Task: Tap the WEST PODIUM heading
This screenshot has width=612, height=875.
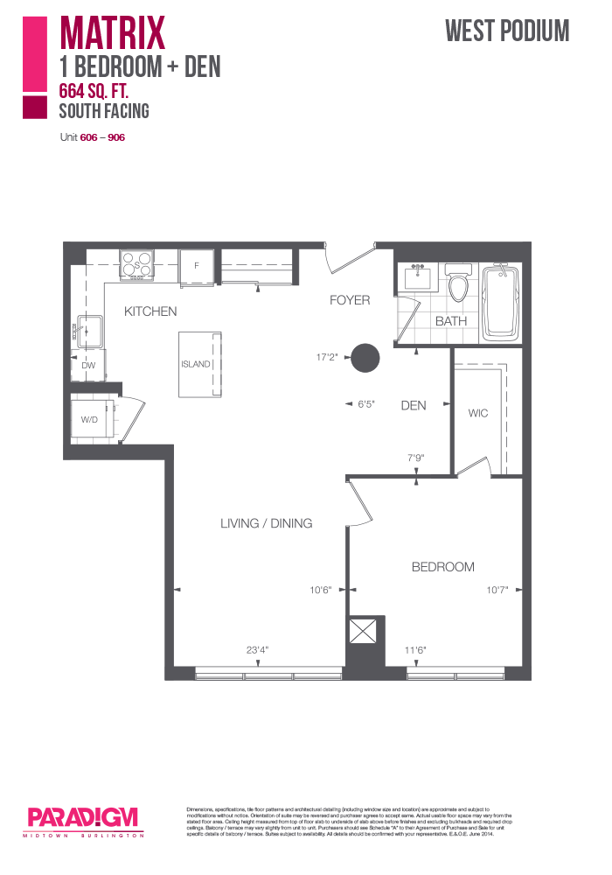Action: click(507, 31)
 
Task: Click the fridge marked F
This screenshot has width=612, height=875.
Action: click(197, 264)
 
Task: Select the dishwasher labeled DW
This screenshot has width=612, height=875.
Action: click(88, 366)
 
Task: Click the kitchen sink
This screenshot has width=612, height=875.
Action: click(90, 331)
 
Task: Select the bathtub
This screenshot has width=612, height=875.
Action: click(502, 301)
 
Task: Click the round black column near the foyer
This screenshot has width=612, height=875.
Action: click(365, 357)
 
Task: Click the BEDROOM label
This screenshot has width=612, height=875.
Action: click(443, 567)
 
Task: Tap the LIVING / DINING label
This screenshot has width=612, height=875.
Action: click(266, 523)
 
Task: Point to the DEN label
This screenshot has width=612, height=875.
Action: click(413, 405)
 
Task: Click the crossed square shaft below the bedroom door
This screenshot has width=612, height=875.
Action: click(364, 632)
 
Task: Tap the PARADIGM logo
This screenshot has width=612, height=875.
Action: click(84, 819)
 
